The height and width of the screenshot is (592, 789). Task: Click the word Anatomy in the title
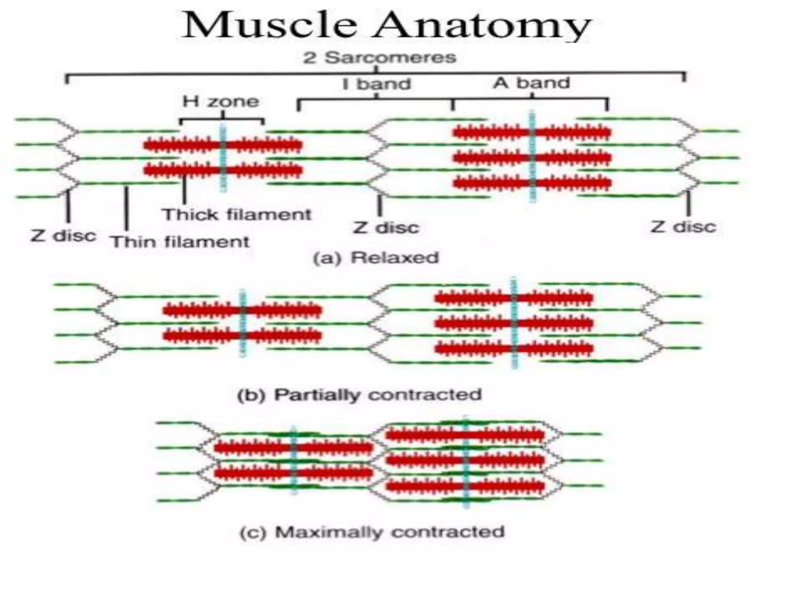(482, 25)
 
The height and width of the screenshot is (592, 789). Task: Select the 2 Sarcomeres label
(379, 58)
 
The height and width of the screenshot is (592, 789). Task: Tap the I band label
(377, 84)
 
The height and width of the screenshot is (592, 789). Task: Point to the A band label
(532, 83)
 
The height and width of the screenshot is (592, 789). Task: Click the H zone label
(221, 101)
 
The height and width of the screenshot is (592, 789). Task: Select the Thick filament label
(236, 214)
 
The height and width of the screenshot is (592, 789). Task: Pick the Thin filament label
(180, 242)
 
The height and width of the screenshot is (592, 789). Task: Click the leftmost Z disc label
(63, 235)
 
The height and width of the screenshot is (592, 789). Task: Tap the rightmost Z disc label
(683, 227)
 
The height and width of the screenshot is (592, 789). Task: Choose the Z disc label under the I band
(386, 227)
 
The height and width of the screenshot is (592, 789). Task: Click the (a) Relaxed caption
(376, 257)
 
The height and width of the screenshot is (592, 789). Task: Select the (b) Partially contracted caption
(359, 395)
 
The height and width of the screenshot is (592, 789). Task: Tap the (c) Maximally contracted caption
(372, 532)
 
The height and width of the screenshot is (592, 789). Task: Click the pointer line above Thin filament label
(126, 208)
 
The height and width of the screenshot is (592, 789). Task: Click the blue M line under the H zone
(223, 158)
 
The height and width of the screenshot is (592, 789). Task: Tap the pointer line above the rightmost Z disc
(688, 203)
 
